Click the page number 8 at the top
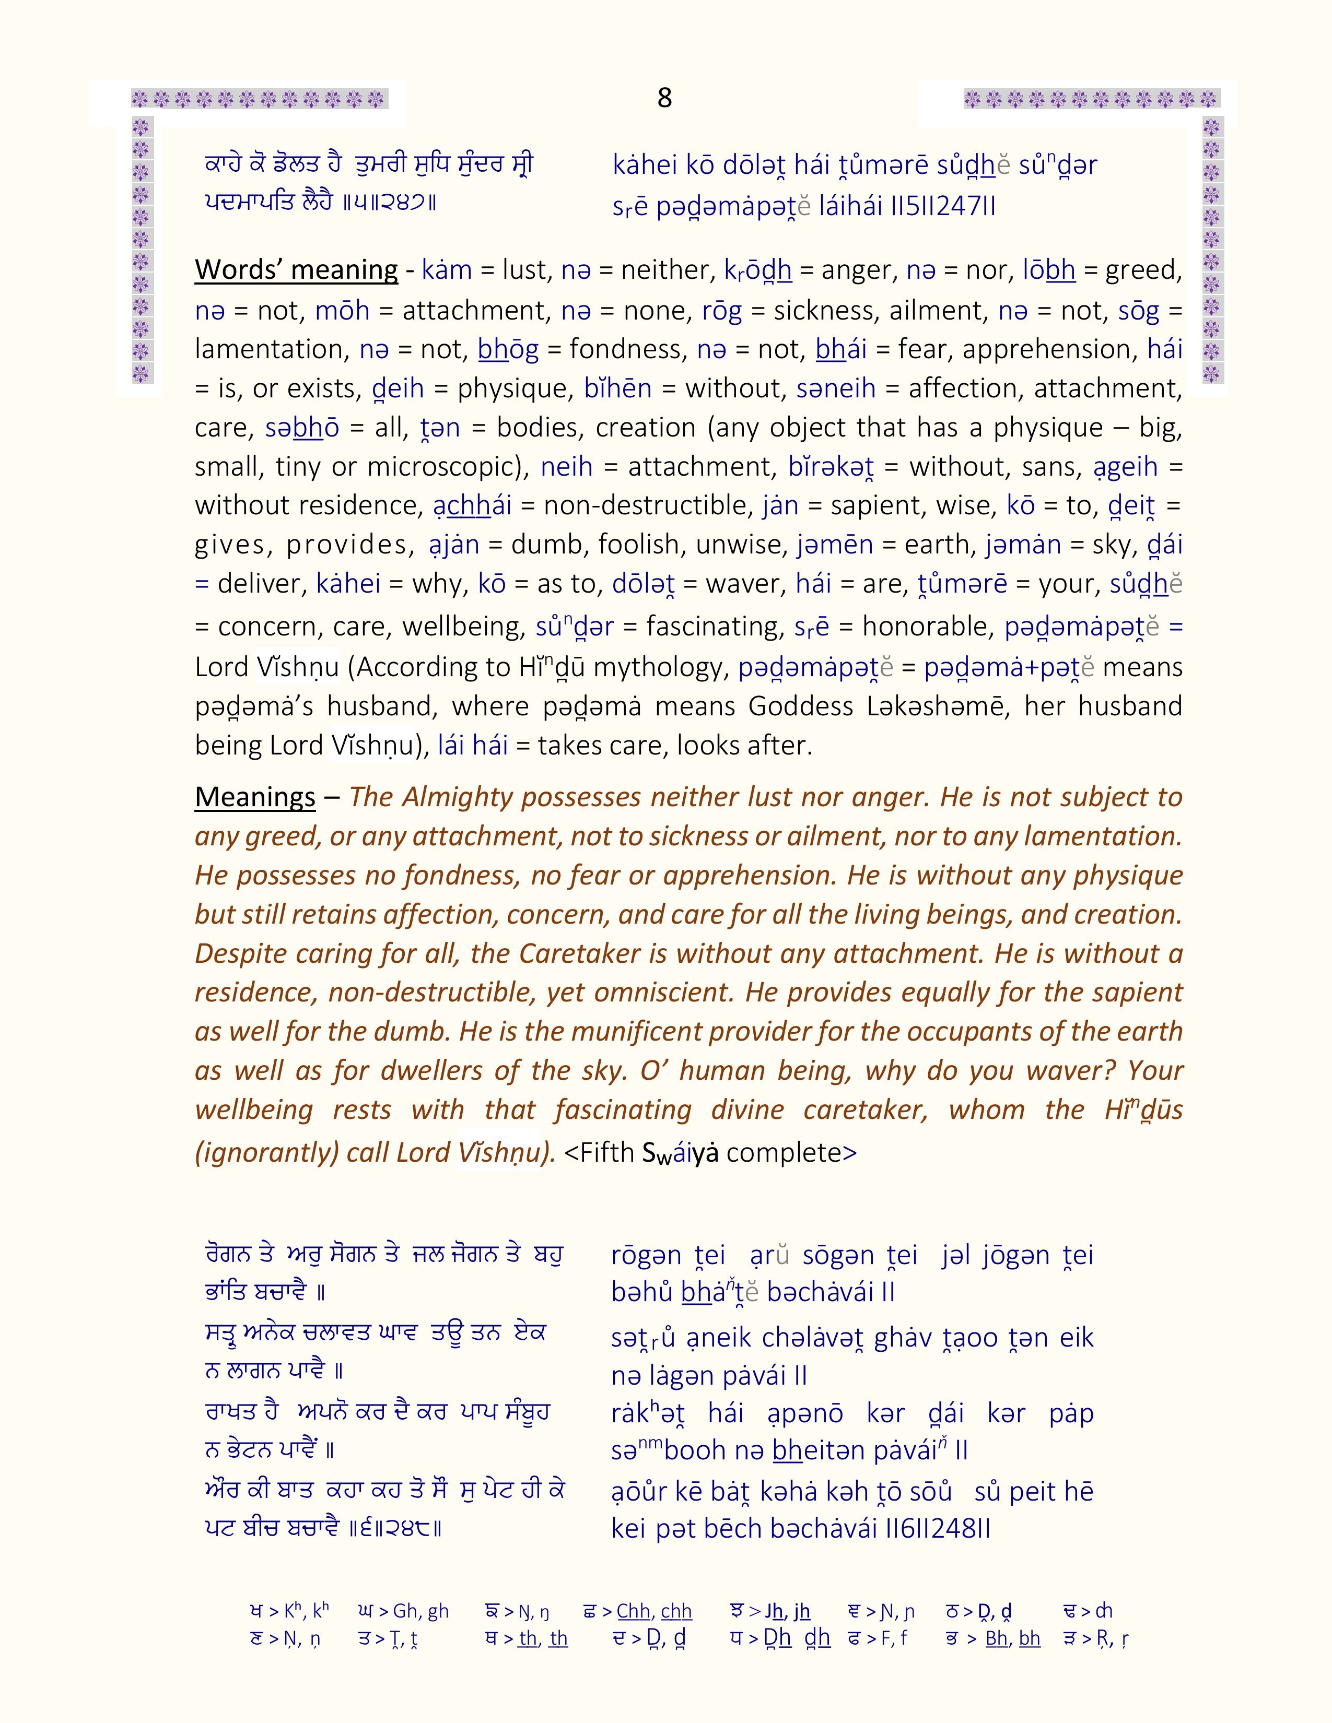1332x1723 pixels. [664, 98]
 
